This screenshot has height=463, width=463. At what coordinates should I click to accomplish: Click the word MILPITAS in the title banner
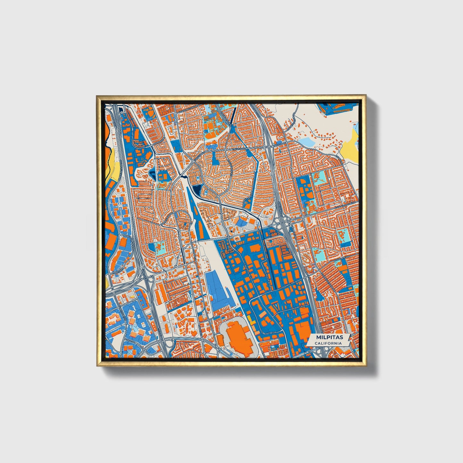coord(325,337)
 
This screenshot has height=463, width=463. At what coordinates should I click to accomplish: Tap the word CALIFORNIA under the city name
coord(328,343)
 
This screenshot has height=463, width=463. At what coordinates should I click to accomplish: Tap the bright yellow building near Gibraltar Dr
coord(251,319)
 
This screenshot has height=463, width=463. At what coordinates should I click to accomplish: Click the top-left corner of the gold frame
coord(97,96)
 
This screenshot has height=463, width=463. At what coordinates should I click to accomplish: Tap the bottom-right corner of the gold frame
coord(366,366)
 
